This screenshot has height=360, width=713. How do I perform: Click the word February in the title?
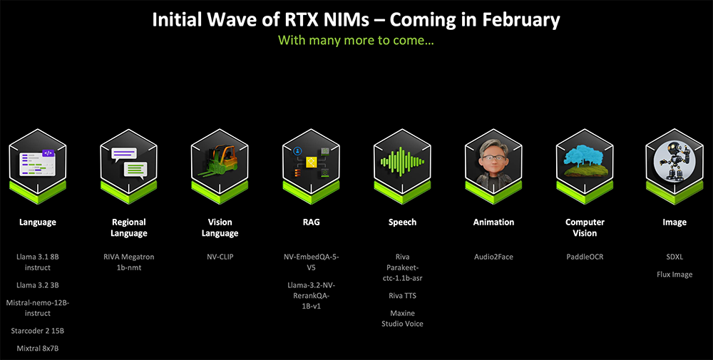[520, 20]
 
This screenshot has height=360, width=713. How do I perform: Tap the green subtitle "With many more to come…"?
[356, 40]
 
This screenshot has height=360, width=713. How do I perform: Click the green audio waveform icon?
[402, 161]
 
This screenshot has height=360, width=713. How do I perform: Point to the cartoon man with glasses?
[493, 163]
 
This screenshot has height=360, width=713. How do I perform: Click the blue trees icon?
[585, 161]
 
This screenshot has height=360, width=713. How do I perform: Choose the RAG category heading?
[311, 222]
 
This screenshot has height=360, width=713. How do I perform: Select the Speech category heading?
[402, 222]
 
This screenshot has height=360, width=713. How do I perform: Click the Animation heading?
[493, 222]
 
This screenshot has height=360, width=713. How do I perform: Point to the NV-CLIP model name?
[220, 257]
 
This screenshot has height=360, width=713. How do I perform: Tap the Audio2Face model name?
[493, 257]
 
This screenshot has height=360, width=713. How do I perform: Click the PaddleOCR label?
[585, 257]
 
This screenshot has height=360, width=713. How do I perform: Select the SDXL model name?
[674, 257]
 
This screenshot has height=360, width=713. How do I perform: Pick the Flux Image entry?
[674, 274]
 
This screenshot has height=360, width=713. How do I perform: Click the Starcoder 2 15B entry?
[38, 331]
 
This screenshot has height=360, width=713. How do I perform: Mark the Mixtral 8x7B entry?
[38, 348]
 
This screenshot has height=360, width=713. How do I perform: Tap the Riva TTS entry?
[402, 295]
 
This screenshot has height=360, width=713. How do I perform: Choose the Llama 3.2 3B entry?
[38, 285]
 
